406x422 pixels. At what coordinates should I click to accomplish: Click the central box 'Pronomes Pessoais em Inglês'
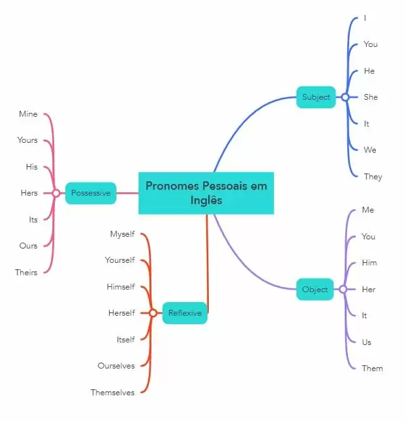[206, 193]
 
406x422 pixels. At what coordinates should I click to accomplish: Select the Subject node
[316, 97]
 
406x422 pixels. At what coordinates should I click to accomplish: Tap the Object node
[315, 289]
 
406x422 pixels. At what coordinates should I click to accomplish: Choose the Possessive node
[91, 193]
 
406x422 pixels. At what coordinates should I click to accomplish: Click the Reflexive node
[185, 313]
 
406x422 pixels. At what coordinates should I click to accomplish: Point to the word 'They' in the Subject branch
[373, 177]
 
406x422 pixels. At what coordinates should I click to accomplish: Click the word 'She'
[371, 97]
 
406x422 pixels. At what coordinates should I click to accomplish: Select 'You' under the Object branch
[369, 237]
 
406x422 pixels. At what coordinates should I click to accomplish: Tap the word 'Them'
[372, 369]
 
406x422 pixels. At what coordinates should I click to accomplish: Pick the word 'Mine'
[28, 114]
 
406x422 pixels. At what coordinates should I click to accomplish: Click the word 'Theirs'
[26, 273]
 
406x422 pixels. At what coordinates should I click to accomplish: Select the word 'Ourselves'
[116, 366]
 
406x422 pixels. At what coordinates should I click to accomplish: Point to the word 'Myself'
[122, 234]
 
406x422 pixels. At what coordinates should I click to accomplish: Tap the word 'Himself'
[121, 287]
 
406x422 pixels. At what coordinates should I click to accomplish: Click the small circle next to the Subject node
[345, 97]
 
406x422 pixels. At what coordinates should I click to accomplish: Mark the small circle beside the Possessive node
[56, 193]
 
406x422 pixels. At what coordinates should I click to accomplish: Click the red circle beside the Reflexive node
[153, 313]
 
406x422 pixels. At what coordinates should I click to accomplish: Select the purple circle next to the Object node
[343, 289]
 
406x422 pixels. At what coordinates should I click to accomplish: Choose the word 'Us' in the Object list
[367, 342]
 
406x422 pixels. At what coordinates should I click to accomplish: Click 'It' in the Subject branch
[367, 124]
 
